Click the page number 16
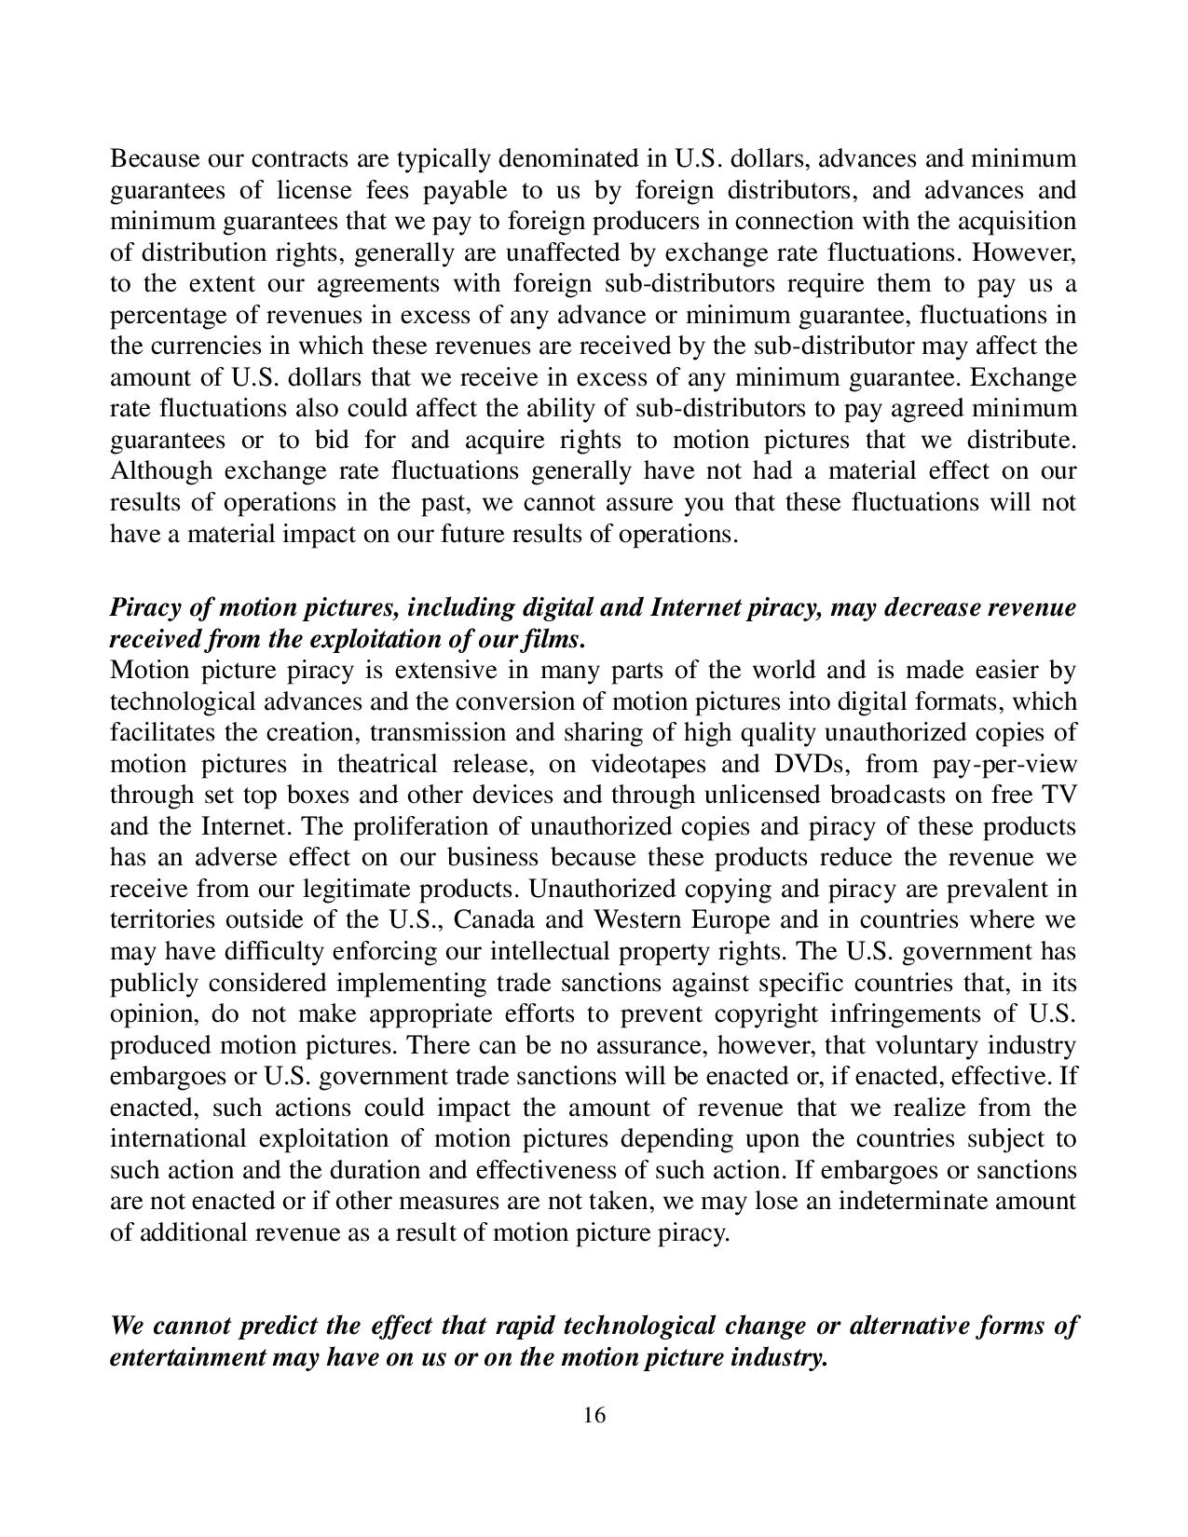click(594, 1416)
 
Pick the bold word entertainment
click(186, 1357)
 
